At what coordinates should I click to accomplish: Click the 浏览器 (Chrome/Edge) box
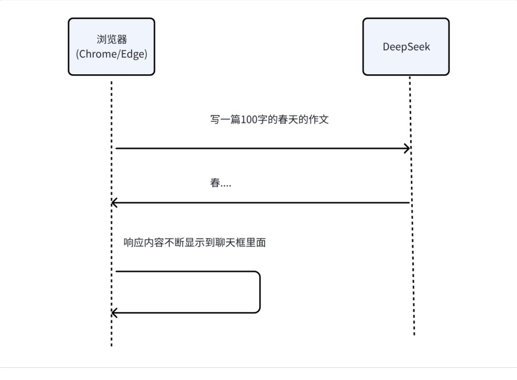click(x=112, y=46)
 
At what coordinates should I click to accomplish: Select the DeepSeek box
click(x=406, y=46)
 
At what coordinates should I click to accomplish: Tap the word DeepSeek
click(x=406, y=47)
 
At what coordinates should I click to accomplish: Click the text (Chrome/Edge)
click(x=112, y=54)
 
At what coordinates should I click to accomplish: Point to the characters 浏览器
click(x=112, y=40)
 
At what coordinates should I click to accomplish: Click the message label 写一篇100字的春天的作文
click(x=270, y=119)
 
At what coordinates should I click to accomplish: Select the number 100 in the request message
click(x=249, y=119)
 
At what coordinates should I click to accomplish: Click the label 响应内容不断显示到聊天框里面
click(x=195, y=243)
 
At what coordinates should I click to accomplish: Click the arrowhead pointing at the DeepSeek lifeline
click(x=407, y=148)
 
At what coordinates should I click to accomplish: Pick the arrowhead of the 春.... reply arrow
click(x=114, y=203)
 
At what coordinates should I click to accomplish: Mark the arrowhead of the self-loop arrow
click(x=114, y=313)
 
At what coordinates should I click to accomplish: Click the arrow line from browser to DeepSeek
click(x=263, y=148)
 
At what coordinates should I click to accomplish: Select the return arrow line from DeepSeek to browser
click(x=260, y=203)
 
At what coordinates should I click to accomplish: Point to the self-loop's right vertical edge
click(x=260, y=292)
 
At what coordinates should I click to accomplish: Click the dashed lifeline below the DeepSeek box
click(x=412, y=206)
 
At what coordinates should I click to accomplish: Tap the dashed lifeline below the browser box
click(x=112, y=213)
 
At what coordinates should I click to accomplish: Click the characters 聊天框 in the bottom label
click(x=230, y=243)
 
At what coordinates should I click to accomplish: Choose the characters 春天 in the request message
click(x=288, y=119)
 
